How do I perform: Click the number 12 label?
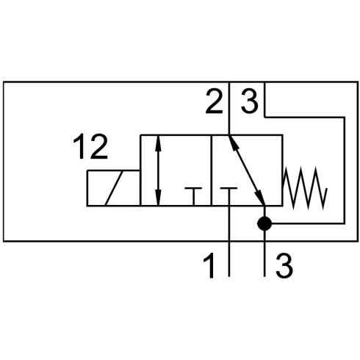[x=90, y=146]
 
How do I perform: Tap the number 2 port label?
[x=215, y=101]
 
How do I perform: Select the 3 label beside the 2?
[x=250, y=101]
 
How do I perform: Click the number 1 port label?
[x=209, y=266]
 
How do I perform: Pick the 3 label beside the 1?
[x=284, y=266]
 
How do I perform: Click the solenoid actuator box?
[x=114, y=188]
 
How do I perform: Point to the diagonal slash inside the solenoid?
[x=114, y=188]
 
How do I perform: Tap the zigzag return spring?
[x=305, y=188]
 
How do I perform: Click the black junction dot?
[x=264, y=223]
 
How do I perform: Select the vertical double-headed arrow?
[x=159, y=170]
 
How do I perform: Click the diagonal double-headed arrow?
[x=247, y=170]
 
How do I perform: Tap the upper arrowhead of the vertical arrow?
[x=159, y=143]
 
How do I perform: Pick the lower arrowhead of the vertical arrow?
[x=159, y=197]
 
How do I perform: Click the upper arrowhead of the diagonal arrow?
[x=233, y=143]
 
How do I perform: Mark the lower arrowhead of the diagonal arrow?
[x=260, y=198]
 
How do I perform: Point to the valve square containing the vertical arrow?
[x=176, y=170]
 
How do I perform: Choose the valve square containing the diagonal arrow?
[x=248, y=170]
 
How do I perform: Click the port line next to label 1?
[x=229, y=241]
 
